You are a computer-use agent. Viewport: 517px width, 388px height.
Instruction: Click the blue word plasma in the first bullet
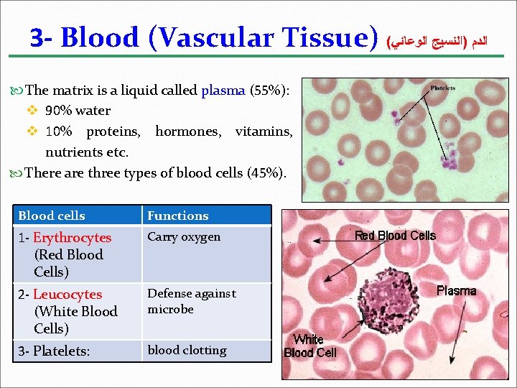223,91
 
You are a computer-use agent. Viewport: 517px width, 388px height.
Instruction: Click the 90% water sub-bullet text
78,111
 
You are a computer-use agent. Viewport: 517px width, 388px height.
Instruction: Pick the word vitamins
264,131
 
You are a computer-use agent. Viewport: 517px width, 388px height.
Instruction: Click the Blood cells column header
52,216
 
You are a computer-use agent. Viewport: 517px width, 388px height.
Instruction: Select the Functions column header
178,216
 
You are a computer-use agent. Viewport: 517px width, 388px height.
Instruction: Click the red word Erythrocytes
72,237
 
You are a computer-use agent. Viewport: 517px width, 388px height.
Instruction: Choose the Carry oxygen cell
184,236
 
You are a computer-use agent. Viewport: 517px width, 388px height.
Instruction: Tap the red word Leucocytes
67,295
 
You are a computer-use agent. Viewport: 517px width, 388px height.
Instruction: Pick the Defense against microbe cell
191,301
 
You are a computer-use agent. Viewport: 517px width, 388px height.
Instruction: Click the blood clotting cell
187,350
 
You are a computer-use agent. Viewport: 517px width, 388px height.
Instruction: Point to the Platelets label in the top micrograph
442,88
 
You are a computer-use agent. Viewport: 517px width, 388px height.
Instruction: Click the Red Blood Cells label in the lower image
395,236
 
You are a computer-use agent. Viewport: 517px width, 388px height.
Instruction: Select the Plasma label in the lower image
456,291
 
